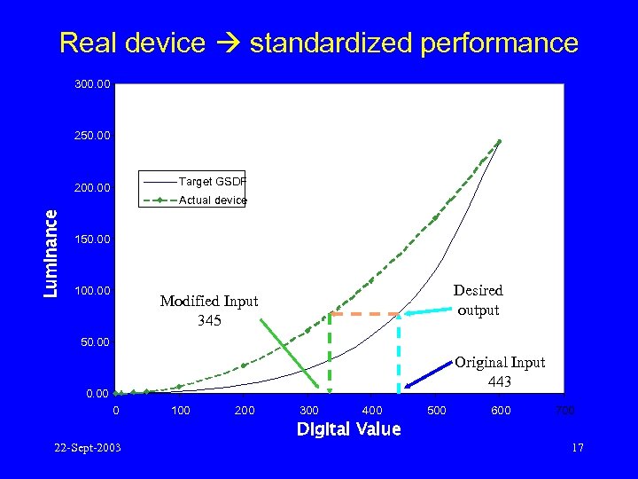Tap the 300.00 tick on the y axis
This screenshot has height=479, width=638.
click(x=92, y=85)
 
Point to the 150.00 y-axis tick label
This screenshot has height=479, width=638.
click(x=92, y=239)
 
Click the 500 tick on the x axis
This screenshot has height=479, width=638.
click(x=437, y=411)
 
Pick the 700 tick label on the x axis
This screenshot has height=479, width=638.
click(x=564, y=411)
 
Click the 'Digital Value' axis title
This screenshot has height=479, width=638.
click(x=348, y=429)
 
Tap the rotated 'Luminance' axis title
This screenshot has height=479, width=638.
click(x=52, y=253)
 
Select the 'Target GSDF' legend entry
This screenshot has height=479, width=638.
click(x=212, y=181)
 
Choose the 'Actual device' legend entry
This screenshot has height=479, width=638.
click(x=212, y=200)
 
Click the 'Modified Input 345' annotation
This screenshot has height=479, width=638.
click(x=209, y=310)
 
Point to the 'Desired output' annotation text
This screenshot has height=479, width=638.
click(x=478, y=300)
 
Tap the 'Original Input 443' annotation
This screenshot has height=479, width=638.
click(x=500, y=371)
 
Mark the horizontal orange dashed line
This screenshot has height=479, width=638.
click(x=364, y=314)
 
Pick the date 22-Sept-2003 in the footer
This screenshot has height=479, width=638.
click(x=86, y=447)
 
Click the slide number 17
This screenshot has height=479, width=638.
click(x=577, y=447)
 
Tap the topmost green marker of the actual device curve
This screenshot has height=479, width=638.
click(x=500, y=142)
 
